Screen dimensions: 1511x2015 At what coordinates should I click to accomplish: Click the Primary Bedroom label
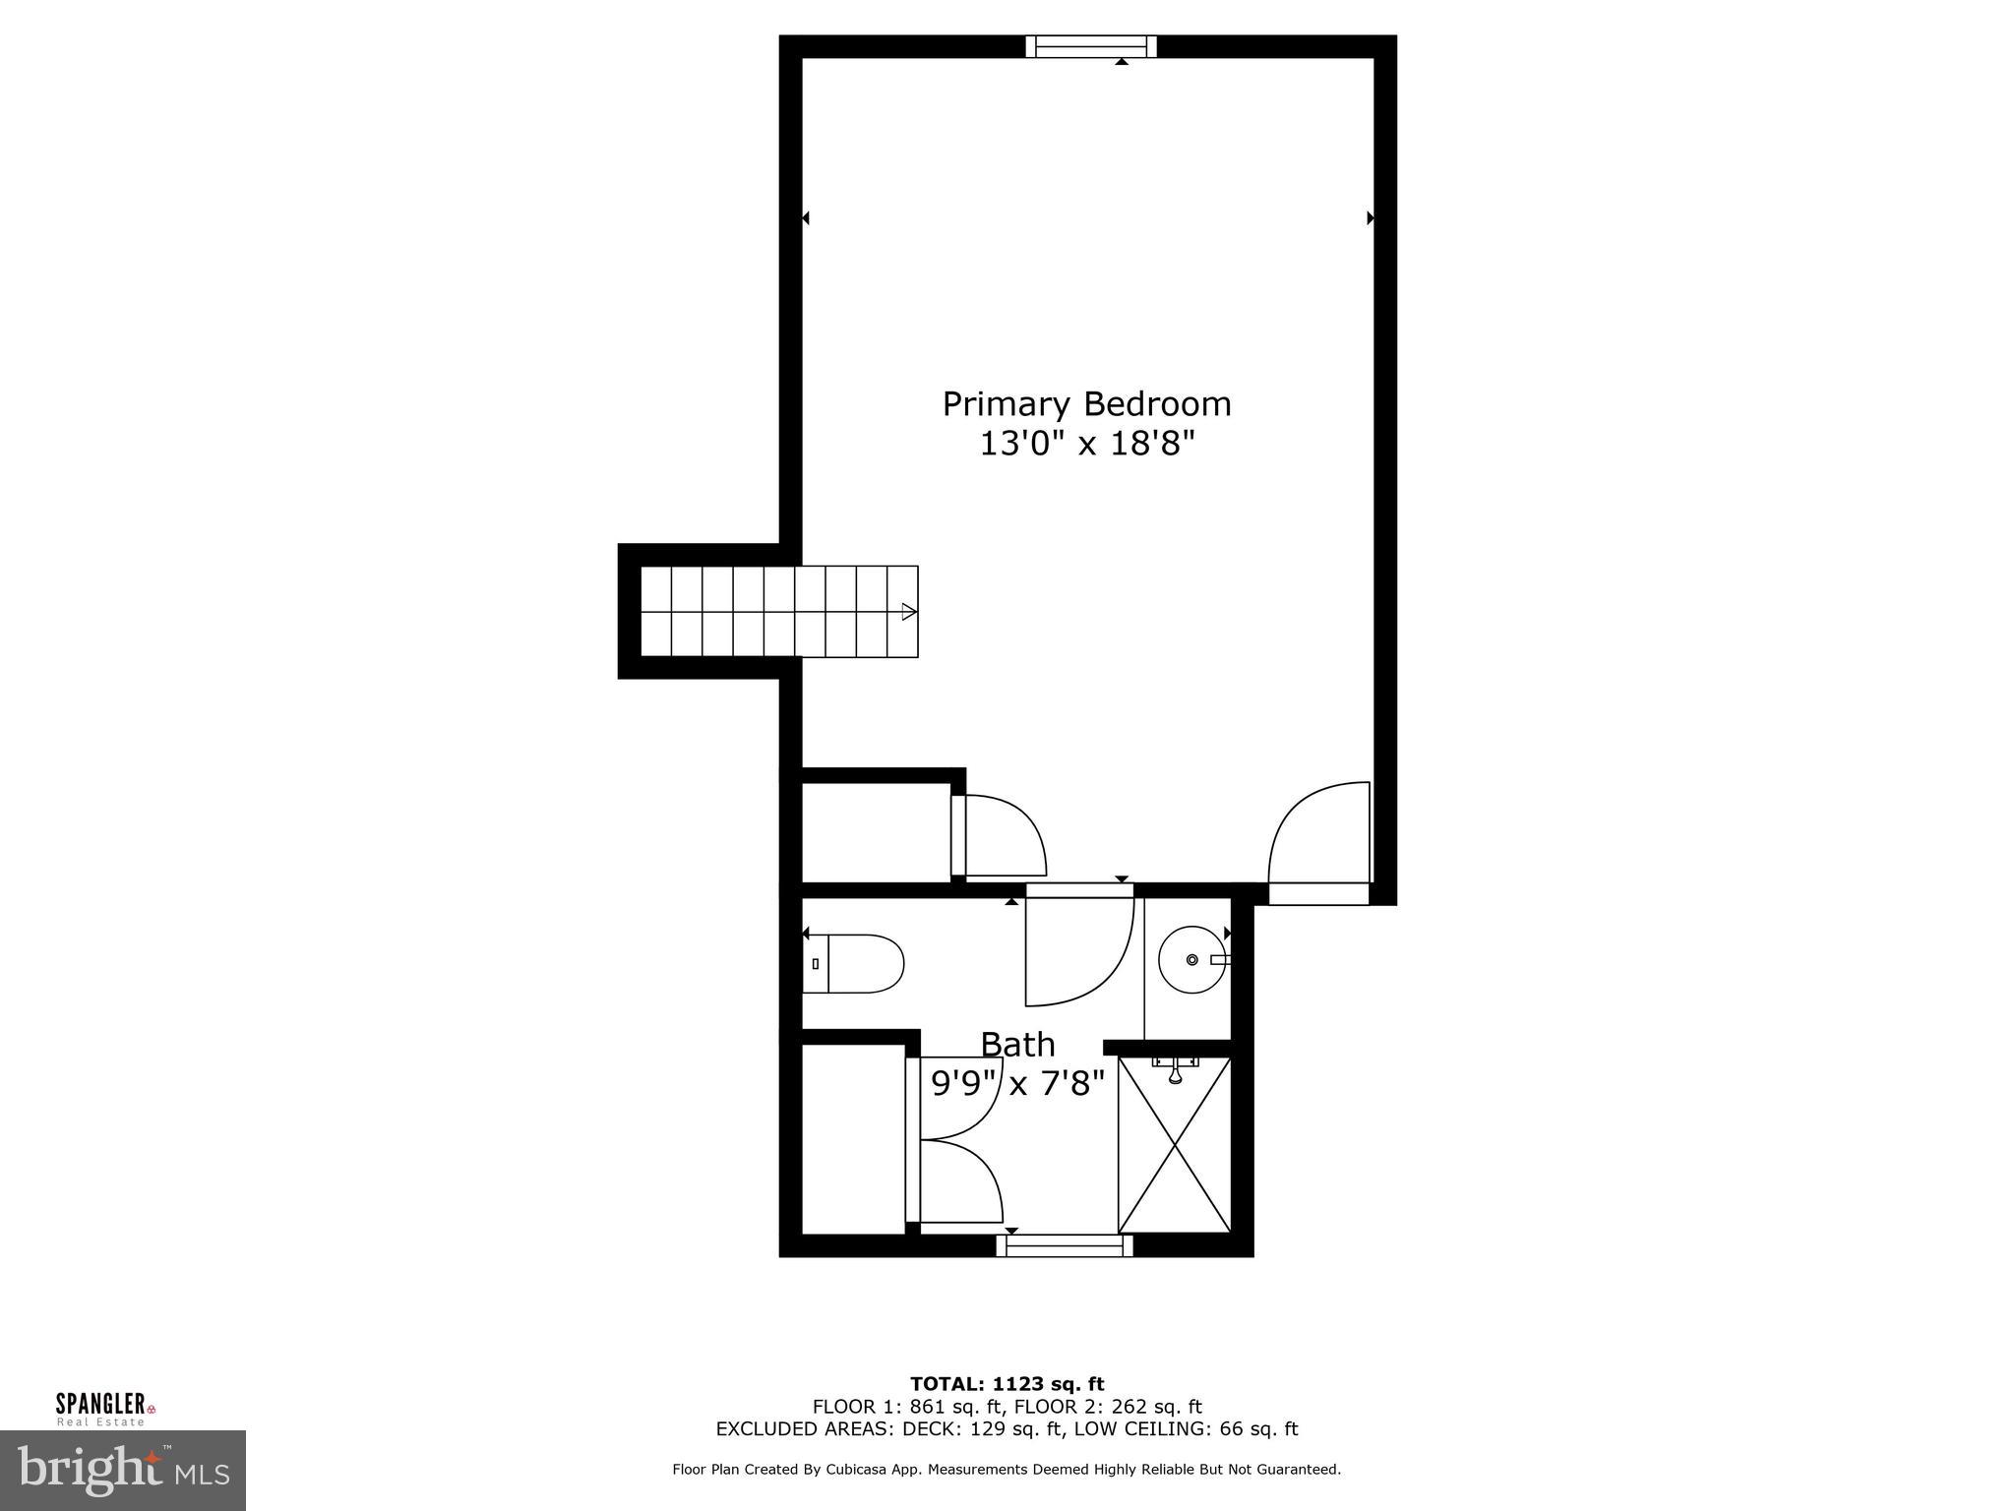(1086, 404)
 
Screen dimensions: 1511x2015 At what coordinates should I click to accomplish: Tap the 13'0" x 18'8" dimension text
(1086, 445)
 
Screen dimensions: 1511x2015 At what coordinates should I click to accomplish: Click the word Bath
(1017, 1044)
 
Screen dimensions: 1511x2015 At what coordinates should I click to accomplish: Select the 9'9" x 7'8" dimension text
(1017, 1083)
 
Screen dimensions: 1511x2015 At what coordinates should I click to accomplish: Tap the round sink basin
(1191, 959)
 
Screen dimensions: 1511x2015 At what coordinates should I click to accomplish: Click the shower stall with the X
(1175, 1156)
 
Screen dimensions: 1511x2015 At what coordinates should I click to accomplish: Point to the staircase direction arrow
(908, 612)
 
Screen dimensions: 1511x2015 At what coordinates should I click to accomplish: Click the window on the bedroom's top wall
(1090, 46)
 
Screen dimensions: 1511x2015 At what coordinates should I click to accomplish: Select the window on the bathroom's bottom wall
(1064, 1246)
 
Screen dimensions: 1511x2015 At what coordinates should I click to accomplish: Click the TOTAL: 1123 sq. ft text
(1007, 1384)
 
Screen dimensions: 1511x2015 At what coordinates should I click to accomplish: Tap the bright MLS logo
(122, 1470)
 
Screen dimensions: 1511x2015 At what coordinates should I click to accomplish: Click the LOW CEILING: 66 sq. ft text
(1186, 1429)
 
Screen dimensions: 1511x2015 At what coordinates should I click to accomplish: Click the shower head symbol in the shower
(1175, 1072)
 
